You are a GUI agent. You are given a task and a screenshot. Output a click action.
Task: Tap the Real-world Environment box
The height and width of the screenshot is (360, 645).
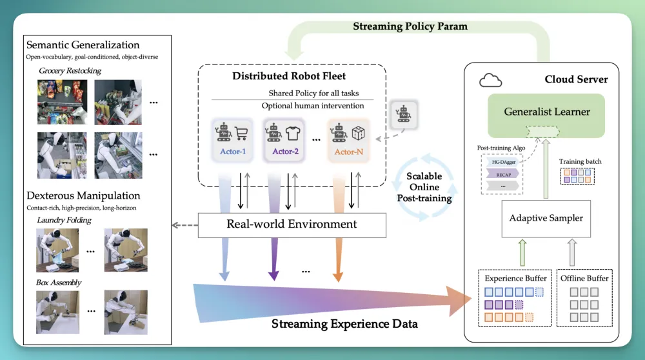click(292, 225)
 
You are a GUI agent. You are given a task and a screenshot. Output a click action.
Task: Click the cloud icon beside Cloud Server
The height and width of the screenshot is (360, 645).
click(491, 81)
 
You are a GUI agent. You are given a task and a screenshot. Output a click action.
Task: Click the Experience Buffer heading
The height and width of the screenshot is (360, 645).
click(515, 279)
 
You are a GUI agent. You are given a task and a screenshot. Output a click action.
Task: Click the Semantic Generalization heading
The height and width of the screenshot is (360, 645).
click(83, 45)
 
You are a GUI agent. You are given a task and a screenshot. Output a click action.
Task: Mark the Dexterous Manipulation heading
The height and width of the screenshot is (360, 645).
click(83, 195)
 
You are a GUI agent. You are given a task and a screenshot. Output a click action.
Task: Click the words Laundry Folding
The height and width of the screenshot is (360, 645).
click(65, 221)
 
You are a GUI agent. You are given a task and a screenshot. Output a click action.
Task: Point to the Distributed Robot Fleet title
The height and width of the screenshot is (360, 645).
click(285, 76)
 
